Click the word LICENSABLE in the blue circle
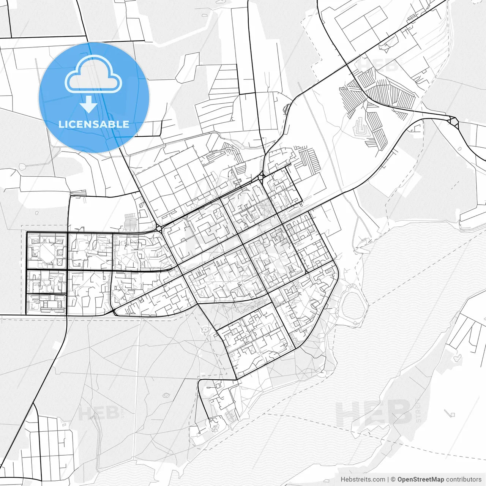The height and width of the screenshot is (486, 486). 93,124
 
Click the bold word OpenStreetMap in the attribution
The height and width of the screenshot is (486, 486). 420,480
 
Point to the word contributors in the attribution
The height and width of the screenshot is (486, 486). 464,480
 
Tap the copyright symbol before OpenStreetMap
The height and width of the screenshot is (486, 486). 393,480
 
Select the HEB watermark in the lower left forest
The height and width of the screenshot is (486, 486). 99,413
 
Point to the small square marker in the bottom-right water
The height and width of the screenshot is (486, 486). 452,413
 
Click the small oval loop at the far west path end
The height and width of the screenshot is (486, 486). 23,166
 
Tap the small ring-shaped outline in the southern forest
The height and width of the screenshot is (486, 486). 166,395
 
